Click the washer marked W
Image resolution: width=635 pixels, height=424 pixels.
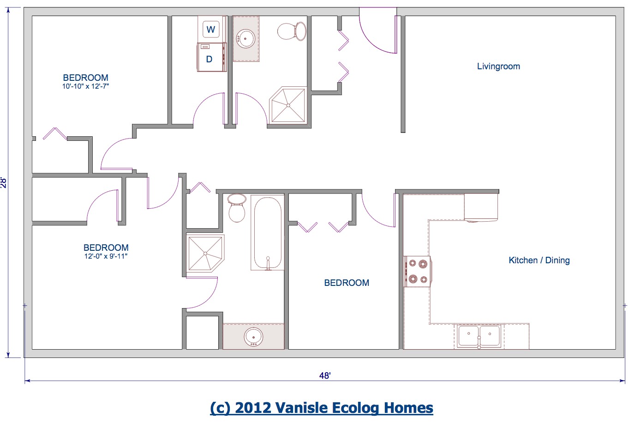pyautogui.click(x=211, y=30)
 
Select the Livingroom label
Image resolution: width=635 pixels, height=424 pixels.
pyautogui.click(x=498, y=67)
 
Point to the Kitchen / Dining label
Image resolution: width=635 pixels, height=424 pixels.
pyautogui.click(x=539, y=260)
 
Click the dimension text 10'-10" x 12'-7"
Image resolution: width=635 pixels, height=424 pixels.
pyautogui.click(x=85, y=86)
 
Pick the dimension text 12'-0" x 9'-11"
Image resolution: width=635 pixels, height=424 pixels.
pyautogui.click(x=106, y=256)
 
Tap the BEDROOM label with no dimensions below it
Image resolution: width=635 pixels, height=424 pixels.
pyautogui.click(x=347, y=283)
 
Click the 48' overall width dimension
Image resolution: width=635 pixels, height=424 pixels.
pyautogui.click(x=325, y=376)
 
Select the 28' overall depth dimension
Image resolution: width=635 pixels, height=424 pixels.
pyautogui.click(x=4, y=182)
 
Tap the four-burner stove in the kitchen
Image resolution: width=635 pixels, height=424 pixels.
pyautogui.click(x=418, y=272)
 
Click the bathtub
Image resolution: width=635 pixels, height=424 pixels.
pyautogui.click(x=267, y=233)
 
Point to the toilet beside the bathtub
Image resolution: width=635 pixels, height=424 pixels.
pyautogui.click(x=237, y=208)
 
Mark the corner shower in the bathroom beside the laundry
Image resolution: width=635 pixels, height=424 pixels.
pyautogui.click(x=288, y=105)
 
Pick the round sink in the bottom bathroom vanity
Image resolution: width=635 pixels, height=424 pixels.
pyautogui.click(x=253, y=337)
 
